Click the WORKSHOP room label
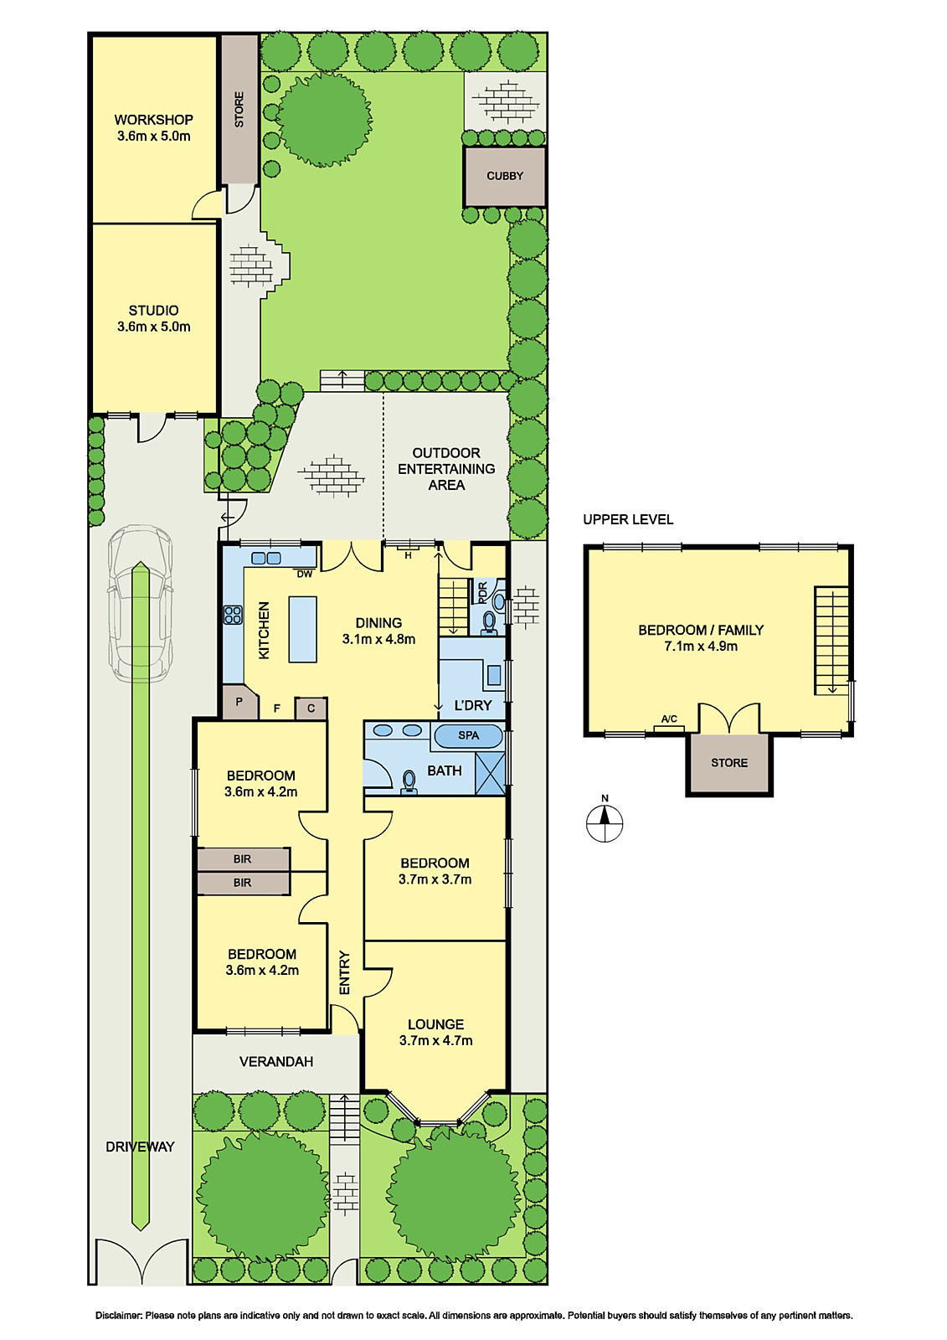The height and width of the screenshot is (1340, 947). point(153,120)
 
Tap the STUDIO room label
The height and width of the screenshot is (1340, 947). point(153,311)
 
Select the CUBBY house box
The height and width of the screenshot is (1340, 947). point(505,177)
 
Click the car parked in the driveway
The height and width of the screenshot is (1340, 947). point(140,603)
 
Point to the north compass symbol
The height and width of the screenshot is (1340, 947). point(605,822)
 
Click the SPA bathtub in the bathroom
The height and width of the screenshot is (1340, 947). point(468,735)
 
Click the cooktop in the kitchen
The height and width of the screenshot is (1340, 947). point(233,615)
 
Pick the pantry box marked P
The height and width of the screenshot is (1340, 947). point(239,703)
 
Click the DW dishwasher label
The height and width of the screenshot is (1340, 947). point(304,575)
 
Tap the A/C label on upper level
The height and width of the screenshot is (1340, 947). point(669,719)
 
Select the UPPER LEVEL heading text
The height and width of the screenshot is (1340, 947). point(628,519)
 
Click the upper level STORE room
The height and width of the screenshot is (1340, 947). point(729,763)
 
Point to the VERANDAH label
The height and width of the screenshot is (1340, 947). point(276,1062)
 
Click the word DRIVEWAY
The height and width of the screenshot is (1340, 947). point(140,1147)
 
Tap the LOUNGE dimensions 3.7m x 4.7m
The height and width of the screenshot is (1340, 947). point(435,1041)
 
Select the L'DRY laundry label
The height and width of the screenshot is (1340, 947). point(473,705)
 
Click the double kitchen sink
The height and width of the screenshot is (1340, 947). point(267,558)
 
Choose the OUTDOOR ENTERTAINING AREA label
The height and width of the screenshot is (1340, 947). point(446,469)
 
